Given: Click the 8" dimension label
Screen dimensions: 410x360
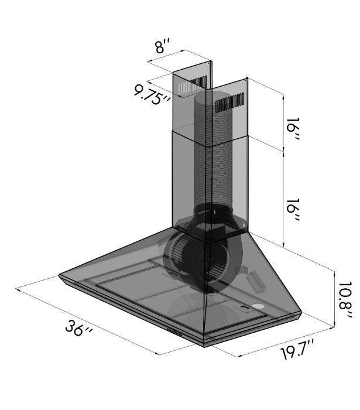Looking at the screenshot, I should tap(163, 47).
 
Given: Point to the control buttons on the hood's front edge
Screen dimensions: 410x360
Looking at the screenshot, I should tap(176, 330).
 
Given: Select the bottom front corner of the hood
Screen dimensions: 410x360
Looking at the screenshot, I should tap(205, 345).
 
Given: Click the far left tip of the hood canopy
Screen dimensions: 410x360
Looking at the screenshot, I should tap(59, 274).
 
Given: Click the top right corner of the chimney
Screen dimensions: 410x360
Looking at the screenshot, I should tap(249, 78).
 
